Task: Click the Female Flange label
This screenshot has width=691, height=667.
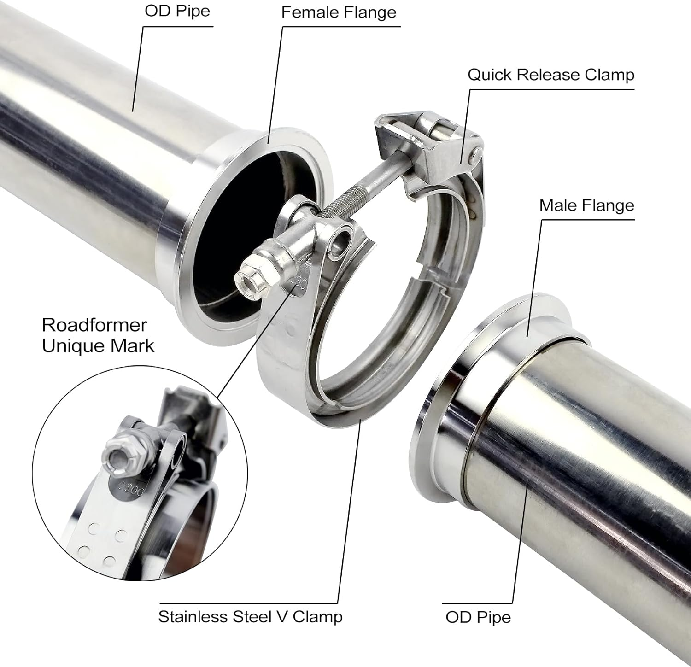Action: pos(339,12)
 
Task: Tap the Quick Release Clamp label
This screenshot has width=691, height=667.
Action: pos(551,75)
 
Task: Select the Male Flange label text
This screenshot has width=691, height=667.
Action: pos(586,205)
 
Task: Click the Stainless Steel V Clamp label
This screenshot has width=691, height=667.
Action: pos(250,617)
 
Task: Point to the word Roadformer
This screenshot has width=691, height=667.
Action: pos(94,325)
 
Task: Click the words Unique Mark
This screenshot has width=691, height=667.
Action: pos(98,346)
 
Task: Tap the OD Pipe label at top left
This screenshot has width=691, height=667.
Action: pos(177,11)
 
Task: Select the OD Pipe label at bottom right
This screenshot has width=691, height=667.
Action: pos(478,617)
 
